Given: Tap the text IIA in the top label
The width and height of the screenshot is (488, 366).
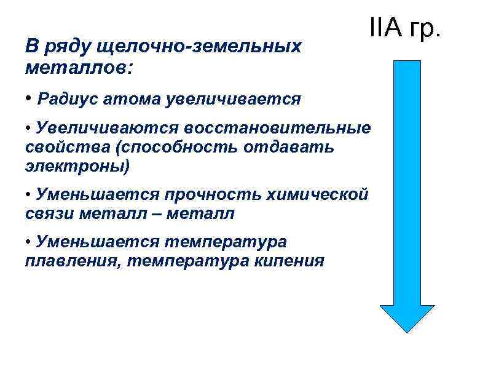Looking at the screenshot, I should coord(385,28).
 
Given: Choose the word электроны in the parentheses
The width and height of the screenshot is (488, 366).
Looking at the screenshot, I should coord(76,166).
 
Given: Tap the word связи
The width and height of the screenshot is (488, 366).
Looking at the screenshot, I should coord(46,214).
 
